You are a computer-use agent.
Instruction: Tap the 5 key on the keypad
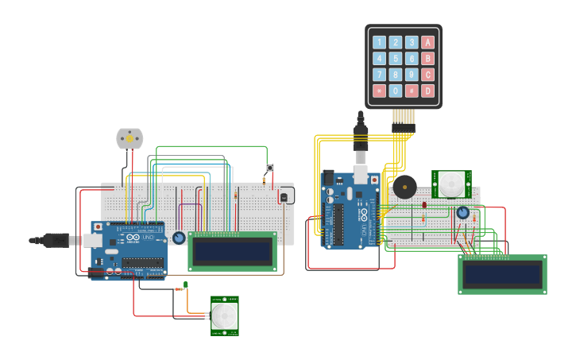[x=396, y=59]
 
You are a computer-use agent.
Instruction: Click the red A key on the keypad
[x=428, y=42]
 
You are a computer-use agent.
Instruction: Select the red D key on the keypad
[x=428, y=91]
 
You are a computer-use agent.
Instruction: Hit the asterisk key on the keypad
[x=379, y=91]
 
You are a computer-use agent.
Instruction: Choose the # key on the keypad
[x=412, y=91]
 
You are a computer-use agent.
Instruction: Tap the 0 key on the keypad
[x=396, y=91]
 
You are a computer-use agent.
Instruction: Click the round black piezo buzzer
[x=404, y=188]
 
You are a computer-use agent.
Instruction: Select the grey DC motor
[x=130, y=139]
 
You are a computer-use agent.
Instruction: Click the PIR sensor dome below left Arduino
[x=224, y=316]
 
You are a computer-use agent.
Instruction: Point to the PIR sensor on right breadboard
[x=451, y=184]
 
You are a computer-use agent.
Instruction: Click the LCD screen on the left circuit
[x=232, y=251]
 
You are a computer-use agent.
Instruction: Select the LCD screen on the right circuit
[x=502, y=275]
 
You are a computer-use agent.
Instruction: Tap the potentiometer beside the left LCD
[x=179, y=238]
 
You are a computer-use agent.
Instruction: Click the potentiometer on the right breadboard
[x=462, y=212]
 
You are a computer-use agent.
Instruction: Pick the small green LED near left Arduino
[x=185, y=285]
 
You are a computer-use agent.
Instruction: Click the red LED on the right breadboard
[x=424, y=204]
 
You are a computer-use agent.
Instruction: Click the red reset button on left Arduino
[x=98, y=227]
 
